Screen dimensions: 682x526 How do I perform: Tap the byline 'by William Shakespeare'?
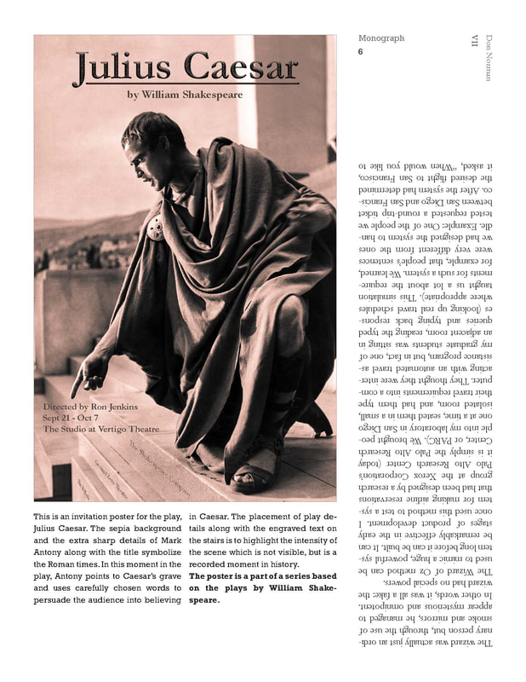click(185, 95)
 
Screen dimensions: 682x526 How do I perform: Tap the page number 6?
click(361, 52)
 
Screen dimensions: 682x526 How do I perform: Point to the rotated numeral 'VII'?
click(474, 41)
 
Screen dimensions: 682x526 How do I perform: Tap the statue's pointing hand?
click(92, 373)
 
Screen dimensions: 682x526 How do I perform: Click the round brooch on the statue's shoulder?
click(156, 228)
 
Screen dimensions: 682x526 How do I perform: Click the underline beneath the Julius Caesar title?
click(186, 84)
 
